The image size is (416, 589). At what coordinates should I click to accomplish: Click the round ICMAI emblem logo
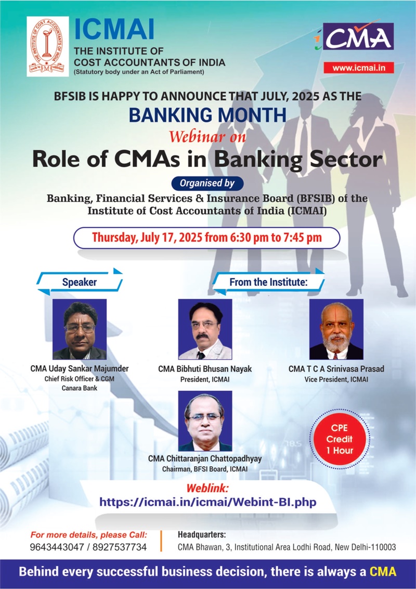[48, 46]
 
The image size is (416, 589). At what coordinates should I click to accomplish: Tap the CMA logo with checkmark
[355, 36]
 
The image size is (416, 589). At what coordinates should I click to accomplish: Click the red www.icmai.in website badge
[359, 68]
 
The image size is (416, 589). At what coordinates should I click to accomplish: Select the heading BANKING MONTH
[207, 114]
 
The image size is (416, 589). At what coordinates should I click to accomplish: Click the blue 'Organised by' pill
[207, 183]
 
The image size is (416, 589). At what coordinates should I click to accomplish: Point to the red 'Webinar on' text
[207, 136]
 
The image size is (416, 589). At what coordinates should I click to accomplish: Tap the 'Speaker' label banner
[80, 282]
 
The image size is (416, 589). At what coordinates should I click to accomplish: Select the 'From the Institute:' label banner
[268, 282]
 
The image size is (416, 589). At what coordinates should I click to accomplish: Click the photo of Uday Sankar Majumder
[80, 329]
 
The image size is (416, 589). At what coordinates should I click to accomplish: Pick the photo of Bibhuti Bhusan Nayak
[205, 329]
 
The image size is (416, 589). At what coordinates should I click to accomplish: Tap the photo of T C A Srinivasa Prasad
[336, 329]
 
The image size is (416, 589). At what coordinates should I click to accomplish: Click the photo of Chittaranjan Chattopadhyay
[205, 421]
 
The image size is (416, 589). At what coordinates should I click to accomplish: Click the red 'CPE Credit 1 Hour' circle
[340, 439]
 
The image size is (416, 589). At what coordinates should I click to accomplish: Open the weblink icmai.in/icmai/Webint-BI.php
[207, 502]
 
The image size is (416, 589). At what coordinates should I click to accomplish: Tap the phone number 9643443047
[57, 547]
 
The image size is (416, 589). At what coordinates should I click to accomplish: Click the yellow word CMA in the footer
[383, 572]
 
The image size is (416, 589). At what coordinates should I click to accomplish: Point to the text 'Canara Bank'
[80, 388]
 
